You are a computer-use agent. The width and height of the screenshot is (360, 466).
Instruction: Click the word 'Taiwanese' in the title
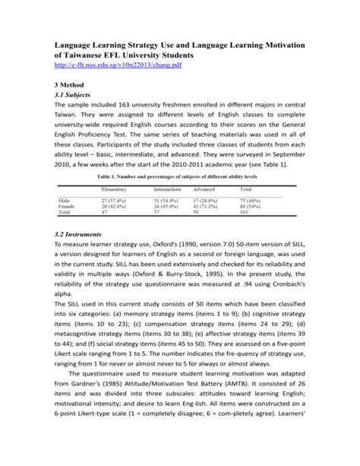95,55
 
